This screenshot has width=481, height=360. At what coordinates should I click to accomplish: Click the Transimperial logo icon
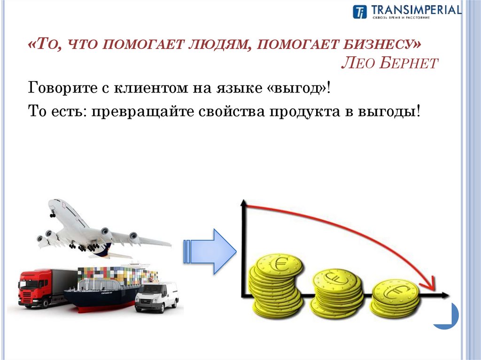click(x=359, y=12)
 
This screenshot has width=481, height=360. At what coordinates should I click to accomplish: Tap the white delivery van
click(x=156, y=297)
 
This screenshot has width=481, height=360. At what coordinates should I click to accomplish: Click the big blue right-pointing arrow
click(x=211, y=251)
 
